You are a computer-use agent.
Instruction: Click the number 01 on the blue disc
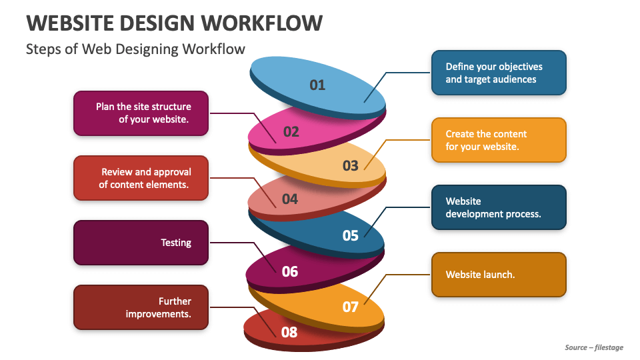tap(317, 85)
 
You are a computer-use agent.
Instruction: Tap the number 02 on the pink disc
tap(291, 132)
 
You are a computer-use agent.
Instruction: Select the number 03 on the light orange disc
tap(350, 166)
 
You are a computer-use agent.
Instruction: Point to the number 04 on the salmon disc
tap(290, 199)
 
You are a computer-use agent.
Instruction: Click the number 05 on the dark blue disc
tap(350, 235)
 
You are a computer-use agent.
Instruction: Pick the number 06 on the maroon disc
tap(290, 271)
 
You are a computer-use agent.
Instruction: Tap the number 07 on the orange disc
tap(350, 307)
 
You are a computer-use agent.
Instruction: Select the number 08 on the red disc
tap(289, 332)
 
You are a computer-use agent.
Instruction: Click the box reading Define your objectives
tap(499, 73)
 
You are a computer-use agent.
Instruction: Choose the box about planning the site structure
tap(141, 113)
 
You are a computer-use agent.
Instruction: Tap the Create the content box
tap(499, 140)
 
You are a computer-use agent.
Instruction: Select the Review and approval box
tap(141, 178)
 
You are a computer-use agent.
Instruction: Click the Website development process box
tap(499, 207)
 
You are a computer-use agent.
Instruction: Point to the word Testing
tap(176, 243)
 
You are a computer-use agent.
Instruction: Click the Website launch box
tap(499, 275)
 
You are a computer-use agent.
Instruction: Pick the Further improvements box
tap(141, 307)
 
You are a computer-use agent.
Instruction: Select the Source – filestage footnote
tap(594, 347)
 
